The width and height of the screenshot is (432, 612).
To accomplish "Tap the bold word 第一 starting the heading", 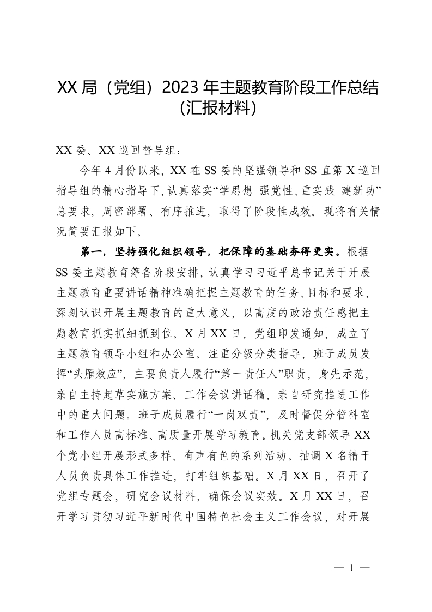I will tap(91, 251).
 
